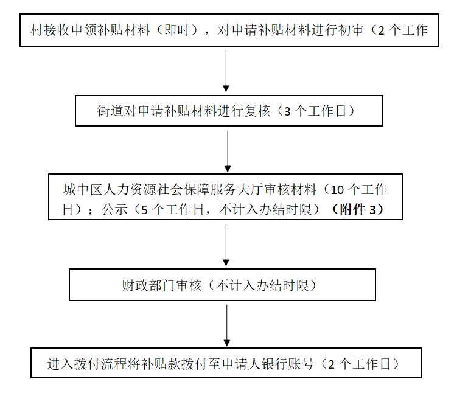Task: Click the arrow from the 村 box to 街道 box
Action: point(226,70)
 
